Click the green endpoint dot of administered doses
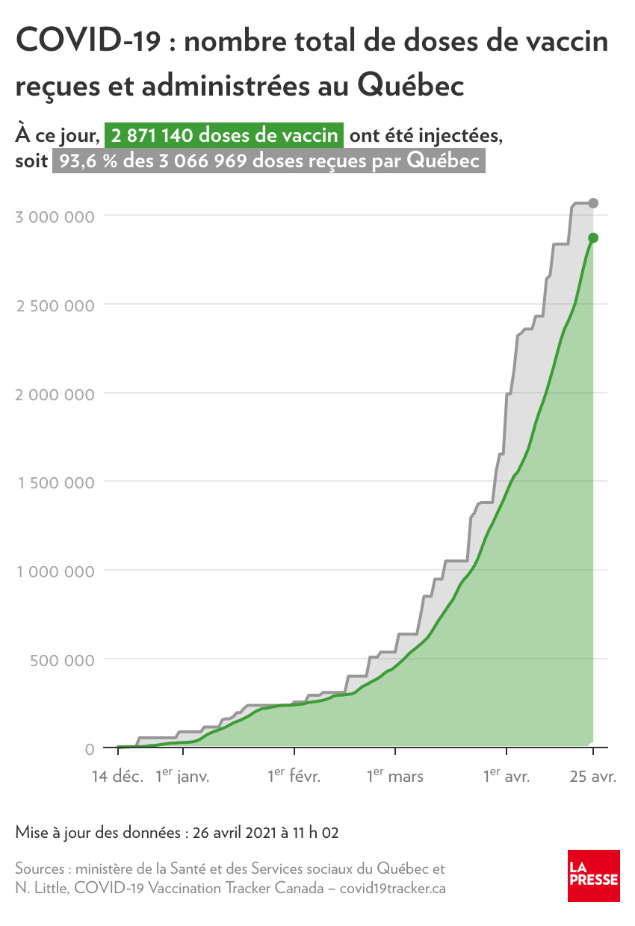593,238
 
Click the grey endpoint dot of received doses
593,203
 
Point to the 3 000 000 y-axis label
56,217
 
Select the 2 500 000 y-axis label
56,305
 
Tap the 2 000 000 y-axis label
56,394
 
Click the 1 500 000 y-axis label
56,482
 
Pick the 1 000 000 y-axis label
56,571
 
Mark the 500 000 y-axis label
65,660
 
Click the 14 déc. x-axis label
117,777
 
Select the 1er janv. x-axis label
182,777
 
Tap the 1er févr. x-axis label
294,777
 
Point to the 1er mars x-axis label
394,777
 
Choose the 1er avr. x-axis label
507,777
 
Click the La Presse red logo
593,875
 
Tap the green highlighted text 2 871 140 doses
224,137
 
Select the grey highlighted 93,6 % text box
269,161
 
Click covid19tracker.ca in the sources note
393,889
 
